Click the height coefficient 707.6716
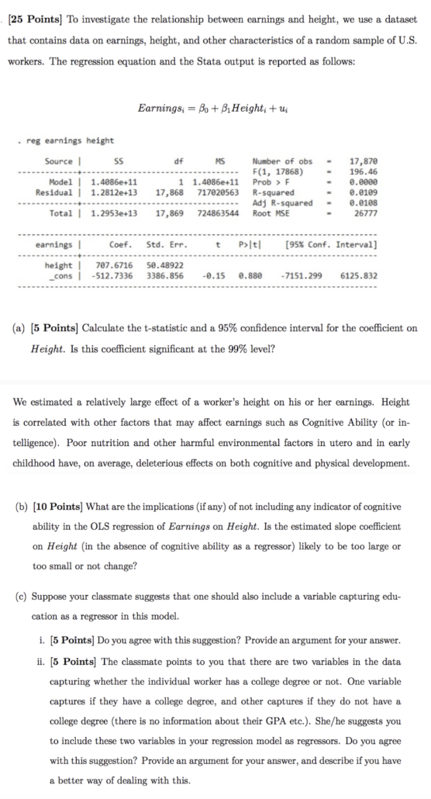pyautogui.click(x=115, y=265)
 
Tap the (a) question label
pyautogui.click(x=21, y=328)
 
